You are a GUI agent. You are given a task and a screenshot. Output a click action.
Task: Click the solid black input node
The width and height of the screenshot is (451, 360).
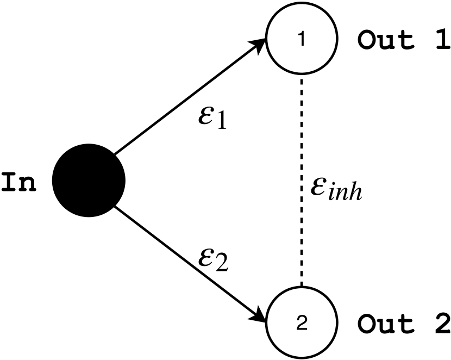pyautogui.click(x=89, y=180)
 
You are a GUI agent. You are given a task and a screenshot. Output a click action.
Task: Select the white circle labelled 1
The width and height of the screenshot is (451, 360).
pyautogui.click(x=301, y=40)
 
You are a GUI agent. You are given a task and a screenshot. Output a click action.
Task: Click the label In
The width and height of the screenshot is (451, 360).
pyautogui.click(x=19, y=183)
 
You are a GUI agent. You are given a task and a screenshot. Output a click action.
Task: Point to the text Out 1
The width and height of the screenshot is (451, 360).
pyautogui.click(x=403, y=41)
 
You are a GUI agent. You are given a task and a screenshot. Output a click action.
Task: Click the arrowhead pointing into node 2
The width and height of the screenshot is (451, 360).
pyautogui.click(x=260, y=316)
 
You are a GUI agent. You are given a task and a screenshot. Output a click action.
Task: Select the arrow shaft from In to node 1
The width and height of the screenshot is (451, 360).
pyautogui.click(x=185, y=98)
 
